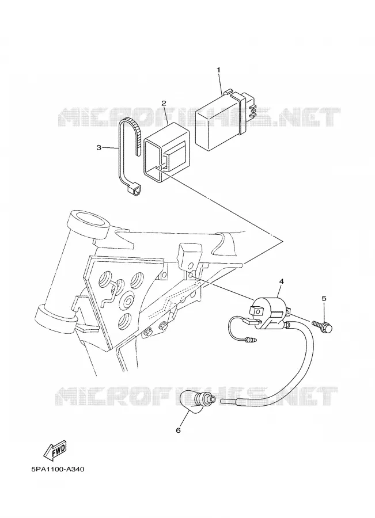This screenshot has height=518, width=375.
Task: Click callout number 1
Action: tap(218, 70)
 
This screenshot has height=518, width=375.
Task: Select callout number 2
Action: tap(164, 103)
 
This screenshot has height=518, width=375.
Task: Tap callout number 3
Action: tap(99, 148)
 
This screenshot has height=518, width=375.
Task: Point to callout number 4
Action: tap(282, 281)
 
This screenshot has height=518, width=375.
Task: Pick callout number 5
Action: tap(324, 298)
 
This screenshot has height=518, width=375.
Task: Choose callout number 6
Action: tap(178, 430)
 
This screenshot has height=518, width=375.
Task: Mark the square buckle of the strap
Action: tap(135, 191)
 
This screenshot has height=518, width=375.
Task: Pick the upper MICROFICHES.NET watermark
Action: tap(199, 117)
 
